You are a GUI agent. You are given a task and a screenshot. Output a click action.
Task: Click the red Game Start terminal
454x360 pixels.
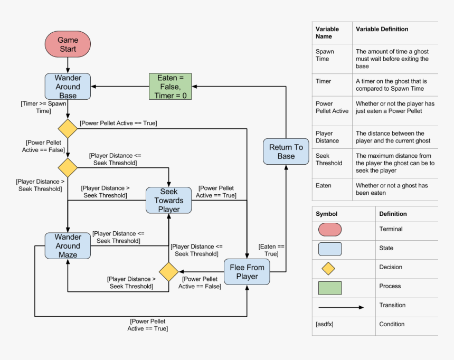click(68, 44)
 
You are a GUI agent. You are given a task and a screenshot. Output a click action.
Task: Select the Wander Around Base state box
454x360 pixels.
click(68, 87)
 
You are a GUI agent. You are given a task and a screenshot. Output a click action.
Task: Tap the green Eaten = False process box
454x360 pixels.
click(170, 87)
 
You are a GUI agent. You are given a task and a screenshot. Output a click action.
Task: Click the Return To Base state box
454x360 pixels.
click(286, 151)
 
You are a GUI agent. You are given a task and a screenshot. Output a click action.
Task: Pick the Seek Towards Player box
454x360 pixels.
click(169, 200)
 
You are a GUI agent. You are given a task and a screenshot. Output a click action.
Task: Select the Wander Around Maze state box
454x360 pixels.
click(68, 246)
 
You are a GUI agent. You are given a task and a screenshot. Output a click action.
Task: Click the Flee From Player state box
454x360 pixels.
click(247, 272)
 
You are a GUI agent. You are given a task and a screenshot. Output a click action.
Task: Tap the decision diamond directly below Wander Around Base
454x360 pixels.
click(68, 129)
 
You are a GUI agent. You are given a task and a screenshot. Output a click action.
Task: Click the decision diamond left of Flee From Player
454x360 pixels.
click(169, 272)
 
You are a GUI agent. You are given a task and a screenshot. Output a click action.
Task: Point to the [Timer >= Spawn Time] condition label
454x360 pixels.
click(43, 107)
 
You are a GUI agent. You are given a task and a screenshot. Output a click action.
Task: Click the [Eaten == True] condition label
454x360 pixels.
click(271, 250)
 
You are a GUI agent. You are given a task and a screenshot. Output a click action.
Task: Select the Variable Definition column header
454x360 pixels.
click(382, 29)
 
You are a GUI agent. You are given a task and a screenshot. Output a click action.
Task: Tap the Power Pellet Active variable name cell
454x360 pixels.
click(332, 107)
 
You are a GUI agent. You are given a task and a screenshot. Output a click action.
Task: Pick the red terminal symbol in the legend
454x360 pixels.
click(329, 230)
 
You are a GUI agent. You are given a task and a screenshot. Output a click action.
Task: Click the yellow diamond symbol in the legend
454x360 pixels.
click(328, 268)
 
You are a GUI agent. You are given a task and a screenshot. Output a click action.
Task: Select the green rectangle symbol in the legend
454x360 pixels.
click(329, 288)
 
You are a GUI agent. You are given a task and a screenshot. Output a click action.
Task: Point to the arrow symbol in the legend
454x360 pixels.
click(340, 307)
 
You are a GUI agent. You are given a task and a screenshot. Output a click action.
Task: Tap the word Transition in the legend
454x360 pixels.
click(392, 305)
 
